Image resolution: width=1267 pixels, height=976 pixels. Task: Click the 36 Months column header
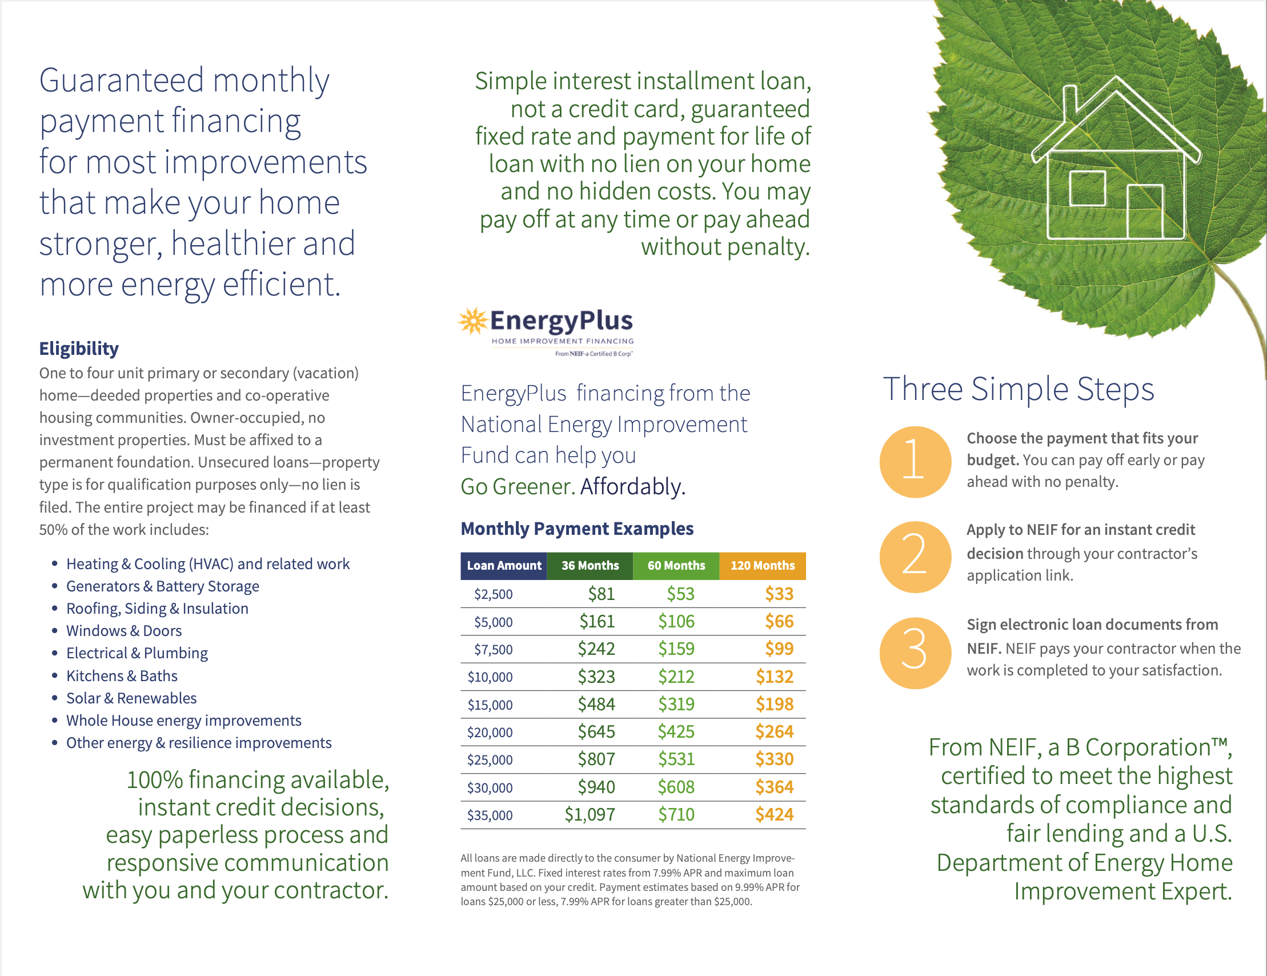pyautogui.click(x=590, y=565)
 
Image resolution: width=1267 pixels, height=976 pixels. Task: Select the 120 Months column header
pyautogui.click(x=762, y=565)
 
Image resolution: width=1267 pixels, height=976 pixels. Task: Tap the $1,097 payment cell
pyautogui.click(x=590, y=815)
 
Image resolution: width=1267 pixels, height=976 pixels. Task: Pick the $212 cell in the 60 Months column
pyautogui.click(x=676, y=677)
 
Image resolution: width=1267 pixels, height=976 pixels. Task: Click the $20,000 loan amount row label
pyautogui.click(x=490, y=733)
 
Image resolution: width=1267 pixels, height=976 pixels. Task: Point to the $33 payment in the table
pyautogui.click(x=779, y=594)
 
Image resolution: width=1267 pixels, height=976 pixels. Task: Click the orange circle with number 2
pyautogui.click(x=915, y=557)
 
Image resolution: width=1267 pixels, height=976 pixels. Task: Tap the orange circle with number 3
pyautogui.click(x=915, y=652)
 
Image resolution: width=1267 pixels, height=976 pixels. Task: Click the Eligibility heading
pyautogui.click(x=79, y=348)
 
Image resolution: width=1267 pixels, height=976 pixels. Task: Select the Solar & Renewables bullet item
pyautogui.click(x=131, y=698)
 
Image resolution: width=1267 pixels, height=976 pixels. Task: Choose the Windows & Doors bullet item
pyautogui.click(x=123, y=631)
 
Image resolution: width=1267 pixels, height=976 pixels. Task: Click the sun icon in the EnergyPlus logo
pyautogui.click(x=473, y=321)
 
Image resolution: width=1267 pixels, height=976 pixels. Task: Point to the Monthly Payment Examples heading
pyautogui.click(x=576, y=529)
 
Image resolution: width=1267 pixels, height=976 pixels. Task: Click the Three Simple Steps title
pyautogui.click(x=1018, y=389)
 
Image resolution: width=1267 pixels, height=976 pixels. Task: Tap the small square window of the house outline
pyautogui.click(x=1086, y=188)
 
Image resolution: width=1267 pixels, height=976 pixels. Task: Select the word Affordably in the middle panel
pyautogui.click(x=632, y=486)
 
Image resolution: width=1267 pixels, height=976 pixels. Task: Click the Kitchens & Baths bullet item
pyautogui.click(x=122, y=676)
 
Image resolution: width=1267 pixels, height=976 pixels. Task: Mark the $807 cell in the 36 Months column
pyautogui.click(x=596, y=759)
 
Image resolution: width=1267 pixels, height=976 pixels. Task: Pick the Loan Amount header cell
pyautogui.click(x=504, y=565)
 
